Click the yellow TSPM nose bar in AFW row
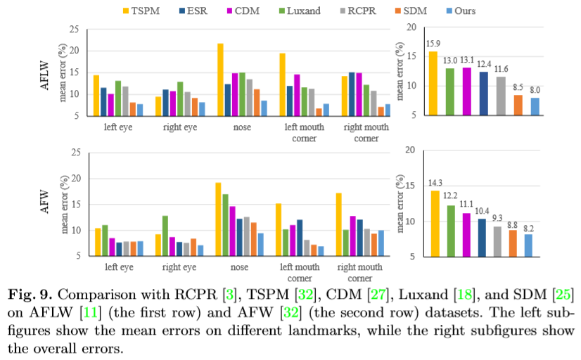pos(218,219)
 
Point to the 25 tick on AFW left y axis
pos(75,153)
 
